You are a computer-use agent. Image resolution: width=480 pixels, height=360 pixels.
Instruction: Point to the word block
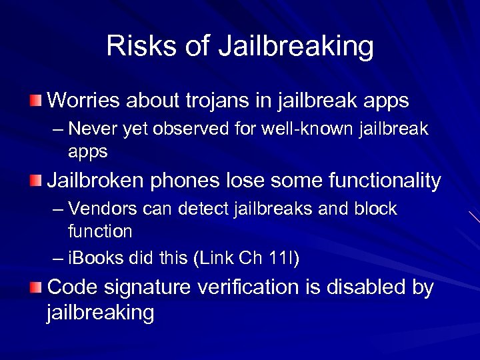tap(377, 209)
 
